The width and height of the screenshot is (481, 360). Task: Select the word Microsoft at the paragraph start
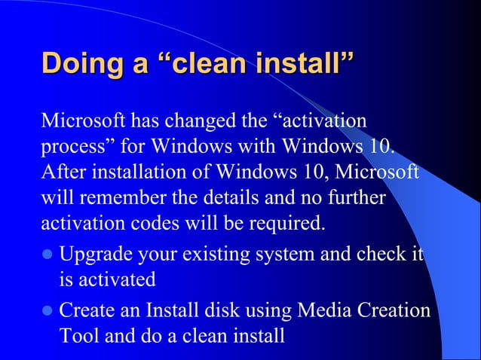point(84,121)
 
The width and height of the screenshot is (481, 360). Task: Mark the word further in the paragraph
point(359,197)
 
